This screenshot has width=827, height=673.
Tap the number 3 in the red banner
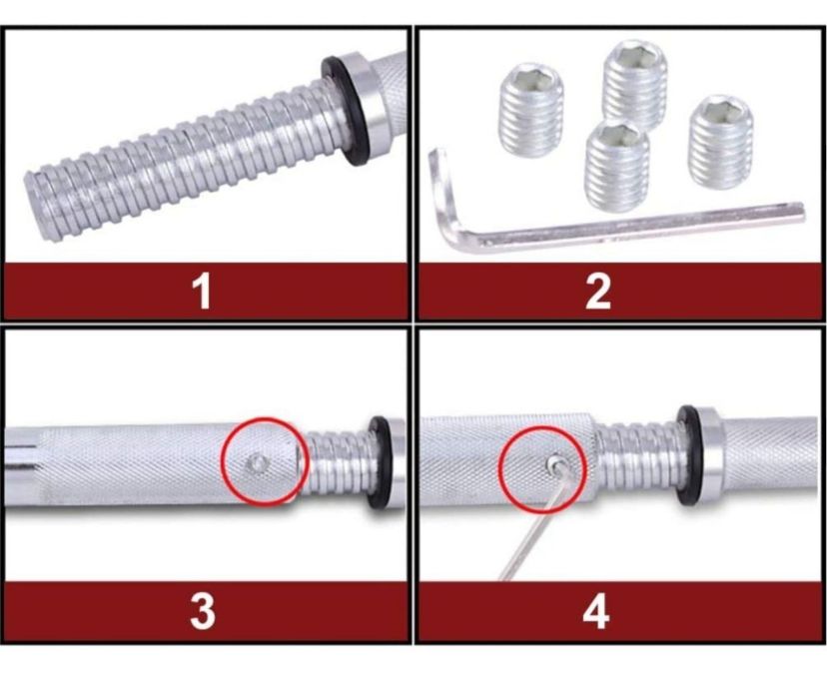tap(203, 612)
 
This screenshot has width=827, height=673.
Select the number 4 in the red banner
tap(596, 612)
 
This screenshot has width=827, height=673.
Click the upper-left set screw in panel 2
tap(530, 110)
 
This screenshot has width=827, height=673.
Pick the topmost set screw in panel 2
tap(635, 85)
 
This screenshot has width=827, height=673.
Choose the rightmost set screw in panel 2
tap(720, 142)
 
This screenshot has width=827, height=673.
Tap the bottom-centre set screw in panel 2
tap(617, 167)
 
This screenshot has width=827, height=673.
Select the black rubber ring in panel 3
tap(378, 463)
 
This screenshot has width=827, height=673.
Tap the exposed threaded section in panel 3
tap(337, 463)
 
